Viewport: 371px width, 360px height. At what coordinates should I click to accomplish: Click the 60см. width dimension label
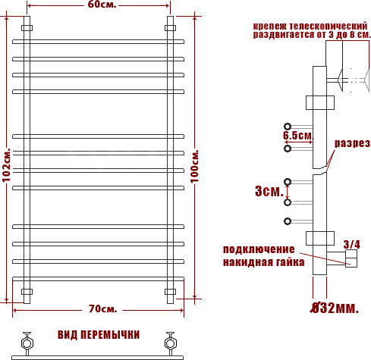(x=102, y=5)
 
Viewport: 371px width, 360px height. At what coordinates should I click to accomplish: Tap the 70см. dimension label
(x=102, y=308)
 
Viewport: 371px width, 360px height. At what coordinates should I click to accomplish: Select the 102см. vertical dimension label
(x=6, y=165)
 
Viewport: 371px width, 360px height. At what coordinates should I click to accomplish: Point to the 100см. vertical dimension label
(x=194, y=166)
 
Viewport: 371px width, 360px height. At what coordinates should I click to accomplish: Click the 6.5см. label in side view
(x=298, y=136)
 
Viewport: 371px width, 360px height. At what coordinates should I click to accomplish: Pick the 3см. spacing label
(x=269, y=191)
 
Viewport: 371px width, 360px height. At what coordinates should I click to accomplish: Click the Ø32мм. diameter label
(x=335, y=308)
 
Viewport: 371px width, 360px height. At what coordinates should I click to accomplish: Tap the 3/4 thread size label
(x=352, y=245)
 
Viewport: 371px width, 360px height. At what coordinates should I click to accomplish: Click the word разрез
(x=352, y=143)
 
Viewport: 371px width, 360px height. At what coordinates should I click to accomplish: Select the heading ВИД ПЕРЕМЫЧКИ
(x=99, y=335)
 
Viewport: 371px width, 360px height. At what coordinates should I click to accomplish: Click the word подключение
(x=259, y=249)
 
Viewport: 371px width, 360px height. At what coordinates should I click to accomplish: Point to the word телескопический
(x=329, y=26)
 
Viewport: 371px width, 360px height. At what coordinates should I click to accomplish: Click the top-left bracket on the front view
(x=27, y=28)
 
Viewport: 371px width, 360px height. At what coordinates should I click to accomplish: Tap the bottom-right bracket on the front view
(x=170, y=292)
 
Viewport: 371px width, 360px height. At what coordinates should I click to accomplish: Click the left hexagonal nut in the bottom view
(x=27, y=343)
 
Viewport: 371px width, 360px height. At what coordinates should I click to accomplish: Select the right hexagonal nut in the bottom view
(x=170, y=343)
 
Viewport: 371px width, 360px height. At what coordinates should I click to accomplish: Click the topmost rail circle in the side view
(x=288, y=126)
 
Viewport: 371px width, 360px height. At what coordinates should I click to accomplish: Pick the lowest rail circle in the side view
(x=288, y=221)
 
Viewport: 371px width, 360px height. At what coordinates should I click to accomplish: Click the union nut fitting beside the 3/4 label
(x=351, y=258)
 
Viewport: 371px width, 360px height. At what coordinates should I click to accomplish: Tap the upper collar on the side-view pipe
(x=320, y=102)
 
